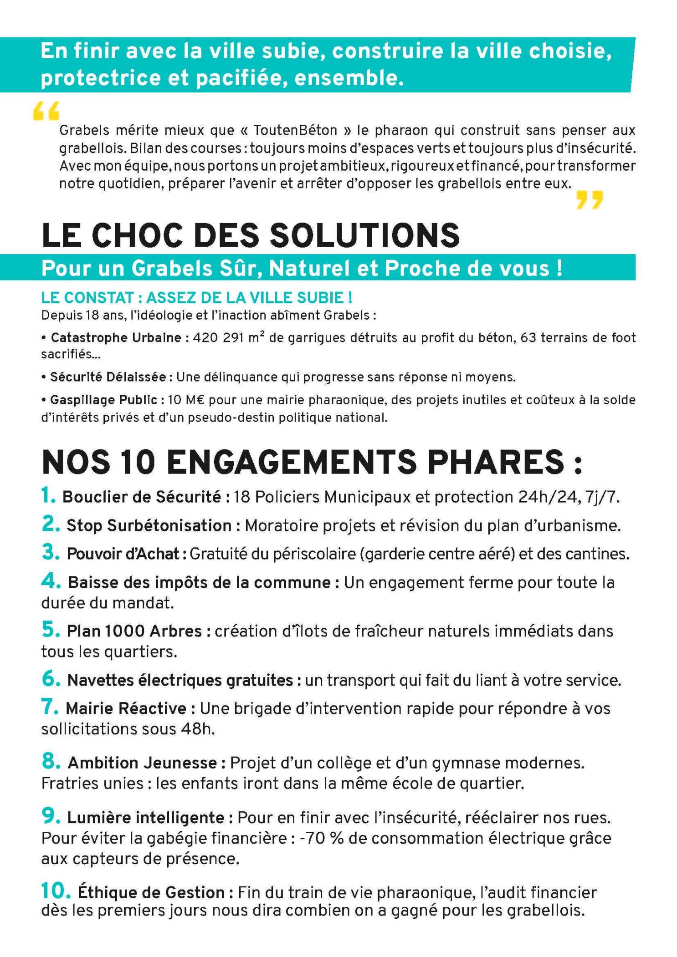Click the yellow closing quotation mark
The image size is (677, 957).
click(x=589, y=200)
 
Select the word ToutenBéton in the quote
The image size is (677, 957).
click(x=295, y=131)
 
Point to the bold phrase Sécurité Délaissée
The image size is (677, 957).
click(x=108, y=377)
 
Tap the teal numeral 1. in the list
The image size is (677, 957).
click(x=48, y=495)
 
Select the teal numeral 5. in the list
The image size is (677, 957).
click(x=51, y=630)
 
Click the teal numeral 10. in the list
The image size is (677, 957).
click(x=56, y=891)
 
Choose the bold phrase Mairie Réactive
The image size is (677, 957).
click(x=126, y=708)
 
